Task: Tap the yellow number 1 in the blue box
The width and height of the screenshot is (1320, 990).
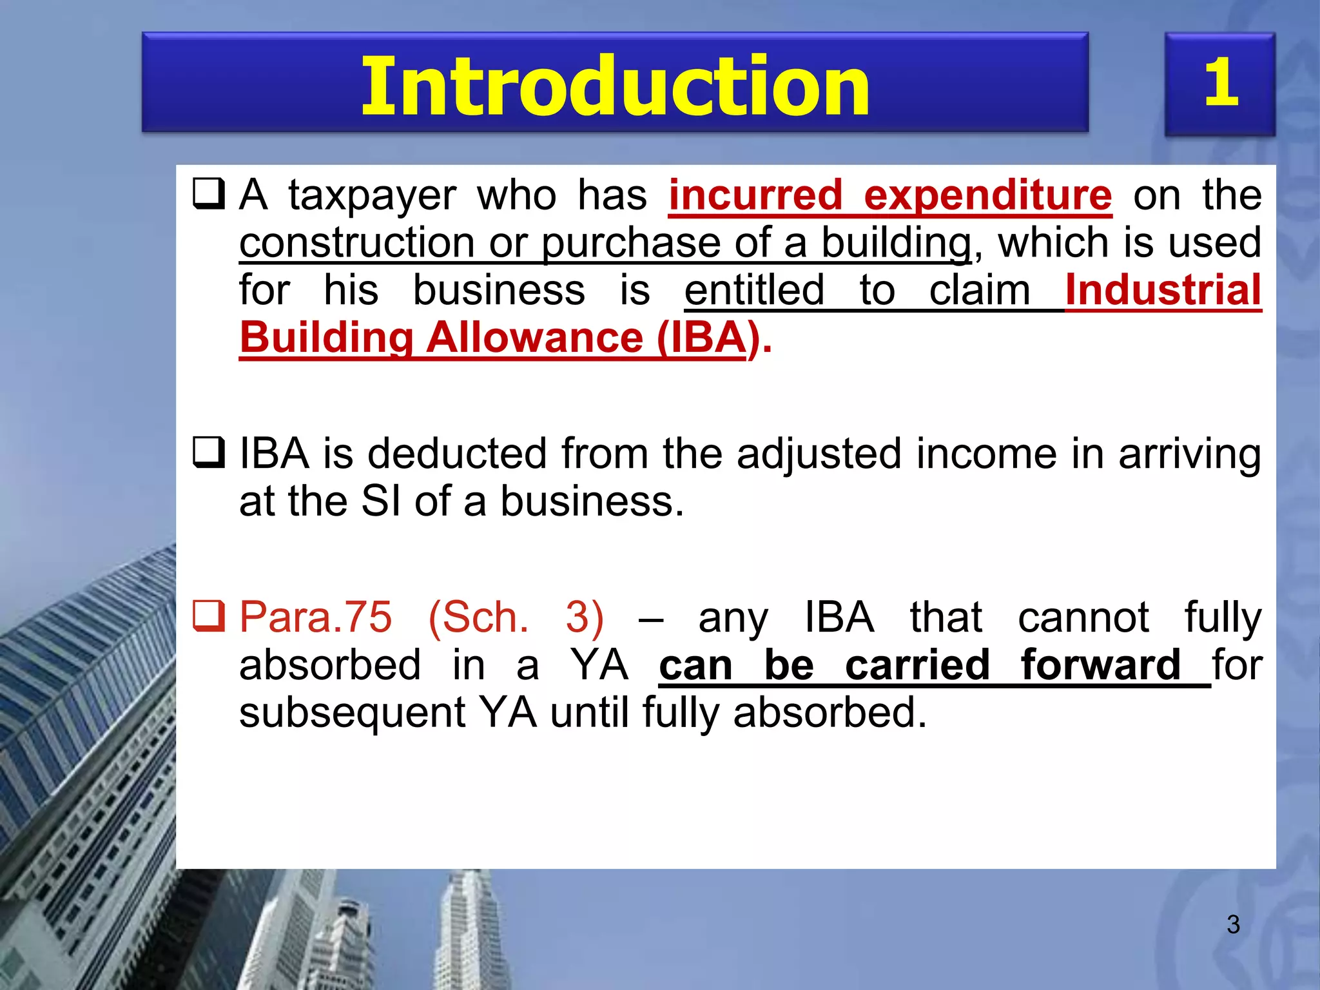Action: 1221,82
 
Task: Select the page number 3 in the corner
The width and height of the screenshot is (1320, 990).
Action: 1233,924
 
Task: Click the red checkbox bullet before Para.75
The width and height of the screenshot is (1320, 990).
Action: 209,616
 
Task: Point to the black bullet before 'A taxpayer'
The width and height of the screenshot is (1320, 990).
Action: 209,194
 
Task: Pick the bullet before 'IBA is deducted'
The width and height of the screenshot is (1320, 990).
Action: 209,452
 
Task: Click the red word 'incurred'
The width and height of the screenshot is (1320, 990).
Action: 755,195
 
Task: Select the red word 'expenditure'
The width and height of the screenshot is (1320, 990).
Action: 987,195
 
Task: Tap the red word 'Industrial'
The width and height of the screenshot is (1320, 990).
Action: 1163,290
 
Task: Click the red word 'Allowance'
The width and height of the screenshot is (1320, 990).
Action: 535,338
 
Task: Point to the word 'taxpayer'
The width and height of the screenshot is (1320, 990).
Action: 372,196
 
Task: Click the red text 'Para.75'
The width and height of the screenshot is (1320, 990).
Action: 315,617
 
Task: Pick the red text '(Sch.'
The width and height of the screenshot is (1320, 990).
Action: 478,617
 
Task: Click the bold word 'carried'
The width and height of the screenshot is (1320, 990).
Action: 917,665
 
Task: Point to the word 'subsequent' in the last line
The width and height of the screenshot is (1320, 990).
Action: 352,713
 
